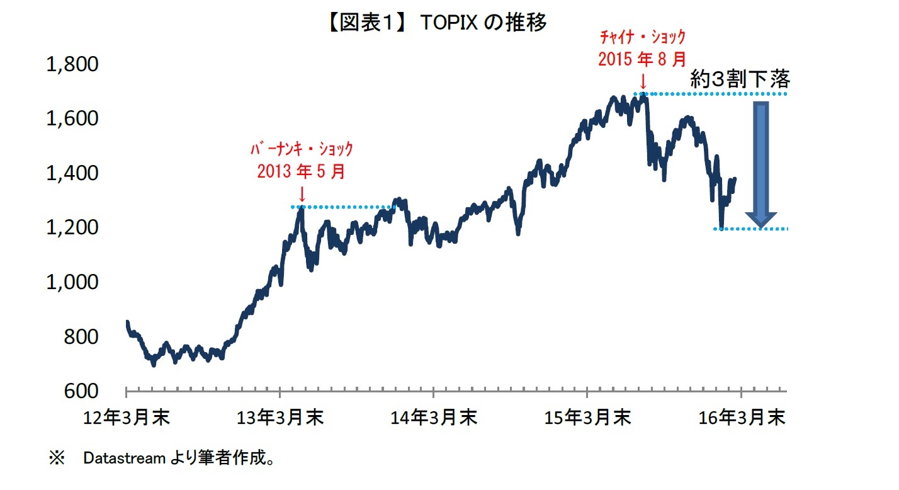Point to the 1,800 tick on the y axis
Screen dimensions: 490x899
click(x=72, y=64)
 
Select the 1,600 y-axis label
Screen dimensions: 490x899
click(x=72, y=118)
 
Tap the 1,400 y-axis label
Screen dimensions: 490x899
click(x=72, y=173)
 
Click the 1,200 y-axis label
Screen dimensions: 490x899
click(x=72, y=227)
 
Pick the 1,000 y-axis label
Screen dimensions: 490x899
click(x=72, y=282)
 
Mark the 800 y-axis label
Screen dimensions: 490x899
click(x=81, y=336)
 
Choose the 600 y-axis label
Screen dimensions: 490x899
click(x=81, y=390)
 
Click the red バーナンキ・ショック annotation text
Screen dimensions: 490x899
click(x=301, y=150)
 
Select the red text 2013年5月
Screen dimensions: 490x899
click(x=301, y=171)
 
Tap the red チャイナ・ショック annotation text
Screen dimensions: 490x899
click(x=642, y=38)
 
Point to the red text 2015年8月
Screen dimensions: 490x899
click(x=642, y=59)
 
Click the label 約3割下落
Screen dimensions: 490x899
click(x=740, y=79)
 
